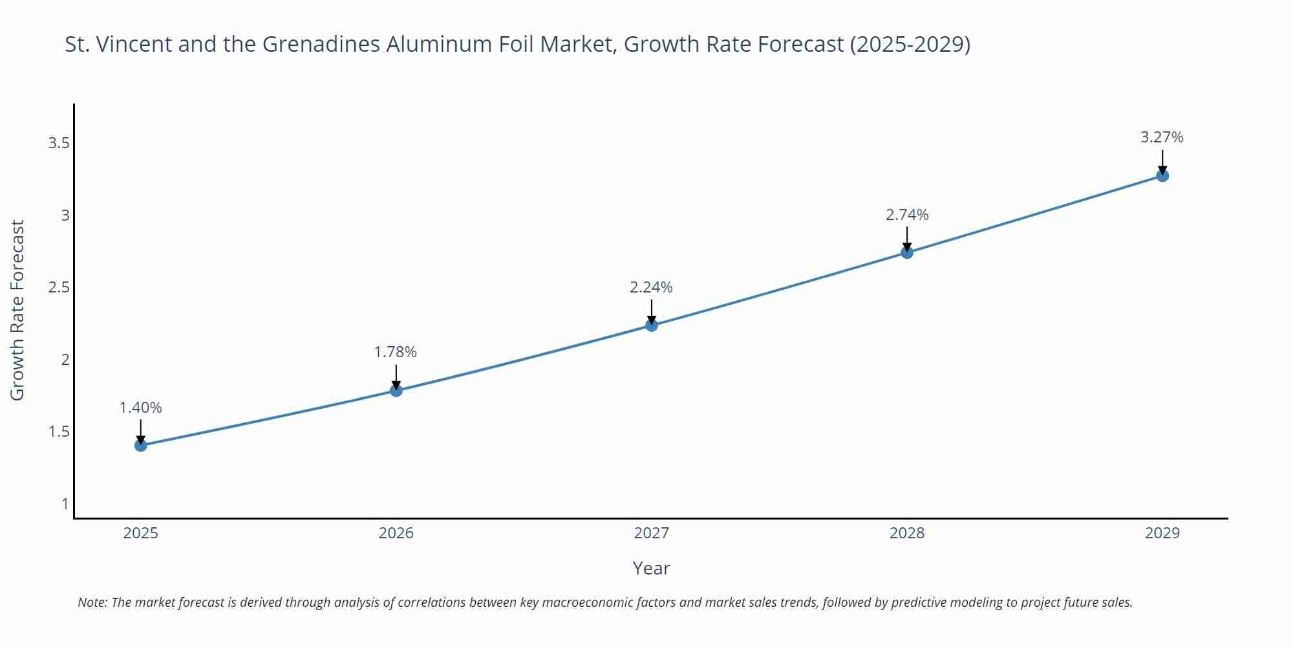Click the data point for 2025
[x=141, y=445]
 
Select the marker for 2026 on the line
[x=396, y=390]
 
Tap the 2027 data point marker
[x=652, y=325]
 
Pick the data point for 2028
[x=907, y=252]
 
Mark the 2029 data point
[x=1162, y=175]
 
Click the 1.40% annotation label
[x=141, y=408]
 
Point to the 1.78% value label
[x=396, y=352]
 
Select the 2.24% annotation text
[x=651, y=287]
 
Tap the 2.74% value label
[x=907, y=215]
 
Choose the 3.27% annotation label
[x=1162, y=137]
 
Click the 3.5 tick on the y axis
[x=59, y=143]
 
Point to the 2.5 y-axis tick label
[x=59, y=287]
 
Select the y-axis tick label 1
[x=65, y=503]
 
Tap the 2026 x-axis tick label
[x=396, y=533]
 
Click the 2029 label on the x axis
[x=1162, y=533]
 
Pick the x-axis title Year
[x=651, y=568]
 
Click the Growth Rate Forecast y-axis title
[x=17, y=310]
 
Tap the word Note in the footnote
[x=91, y=602]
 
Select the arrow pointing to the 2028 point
[x=907, y=238]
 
